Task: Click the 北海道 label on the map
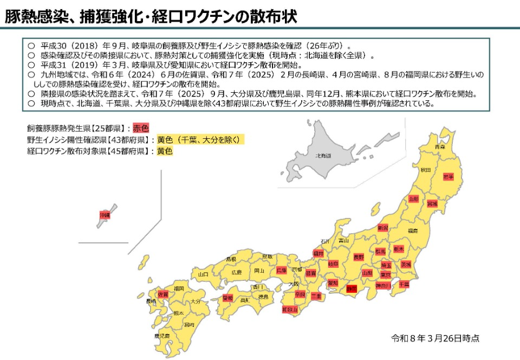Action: pos(324,156)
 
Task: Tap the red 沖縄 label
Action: pos(105,215)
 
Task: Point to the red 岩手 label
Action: pos(448,177)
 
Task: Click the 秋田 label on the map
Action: pos(425,170)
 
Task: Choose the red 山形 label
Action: pos(414,199)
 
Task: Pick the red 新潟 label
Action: pos(383,228)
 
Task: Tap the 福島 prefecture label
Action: pos(413,230)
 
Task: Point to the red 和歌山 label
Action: pos(290,310)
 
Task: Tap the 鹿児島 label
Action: pos(162,336)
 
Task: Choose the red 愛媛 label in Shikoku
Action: pos(227,298)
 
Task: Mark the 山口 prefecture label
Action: pos(203,275)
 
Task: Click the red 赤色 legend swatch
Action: pos(141,128)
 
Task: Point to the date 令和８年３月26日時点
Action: pos(435,338)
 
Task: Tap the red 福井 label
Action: pos(318,253)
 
